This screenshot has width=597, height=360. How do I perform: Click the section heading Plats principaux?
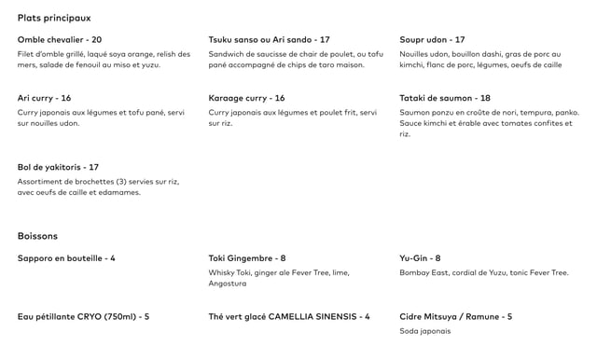pyautogui.click(x=54, y=18)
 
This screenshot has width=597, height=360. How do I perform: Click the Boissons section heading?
pyautogui.click(x=37, y=236)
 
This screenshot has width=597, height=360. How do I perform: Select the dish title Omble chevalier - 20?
pyautogui.click(x=60, y=40)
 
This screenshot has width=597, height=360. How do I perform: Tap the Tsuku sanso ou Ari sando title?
pyautogui.click(x=269, y=40)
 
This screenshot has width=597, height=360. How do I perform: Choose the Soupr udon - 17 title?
pyautogui.click(x=432, y=40)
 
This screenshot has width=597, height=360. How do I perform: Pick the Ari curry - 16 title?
pyautogui.click(x=44, y=98)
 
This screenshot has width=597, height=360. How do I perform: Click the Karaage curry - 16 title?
pyautogui.click(x=246, y=98)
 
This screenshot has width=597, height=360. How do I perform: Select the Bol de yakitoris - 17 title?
pyautogui.click(x=58, y=167)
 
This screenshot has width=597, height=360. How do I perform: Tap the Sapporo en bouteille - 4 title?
pyautogui.click(x=66, y=258)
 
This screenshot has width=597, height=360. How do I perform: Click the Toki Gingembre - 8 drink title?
pyautogui.click(x=246, y=258)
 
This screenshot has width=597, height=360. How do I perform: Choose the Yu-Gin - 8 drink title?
pyautogui.click(x=420, y=258)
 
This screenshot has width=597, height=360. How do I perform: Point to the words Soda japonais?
pyautogui.click(x=424, y=331)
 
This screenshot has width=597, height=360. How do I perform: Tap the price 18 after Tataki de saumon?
pyautogui.click(x=485, y=98)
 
